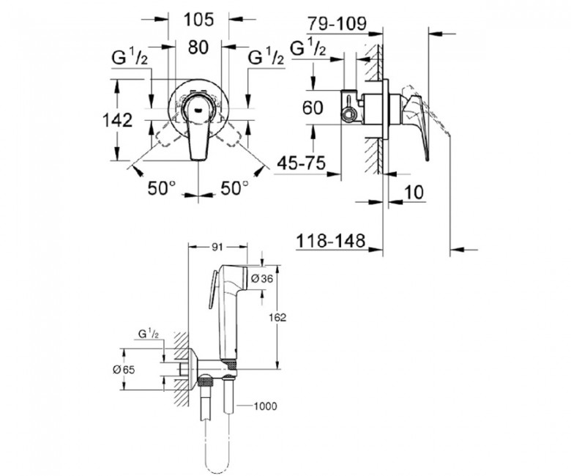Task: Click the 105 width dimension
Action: coord(198,19)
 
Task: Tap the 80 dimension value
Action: coord(198,47)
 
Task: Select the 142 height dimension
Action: coord(117,120)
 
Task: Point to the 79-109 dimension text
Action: coord(337,24)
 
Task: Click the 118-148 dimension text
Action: coord(330,241)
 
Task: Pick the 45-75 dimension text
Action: coord(301,163)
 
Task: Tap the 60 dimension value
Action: coord(313,108)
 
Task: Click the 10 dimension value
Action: coord(414,193)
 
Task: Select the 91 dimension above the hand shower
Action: coord(217,248)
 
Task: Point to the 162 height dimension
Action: coord(278,317)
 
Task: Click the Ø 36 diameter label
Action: coord(262,279)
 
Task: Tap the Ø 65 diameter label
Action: coord(124,370)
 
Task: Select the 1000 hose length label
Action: coord(265,406)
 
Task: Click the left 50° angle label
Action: coord(162,188)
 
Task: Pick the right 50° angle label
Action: coord(235,188)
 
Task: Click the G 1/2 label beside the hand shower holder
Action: coord(148,333)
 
